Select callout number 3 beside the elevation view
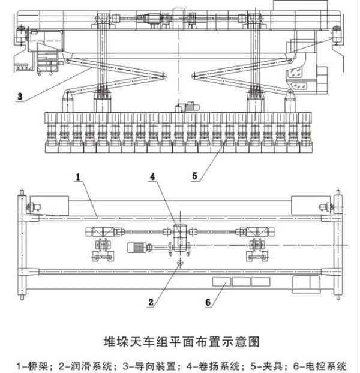pos(20,96)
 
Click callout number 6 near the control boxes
pos(208,303)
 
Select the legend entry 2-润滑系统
pos(84,364)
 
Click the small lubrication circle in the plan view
pos(178,262)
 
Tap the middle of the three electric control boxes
pos(241,281)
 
